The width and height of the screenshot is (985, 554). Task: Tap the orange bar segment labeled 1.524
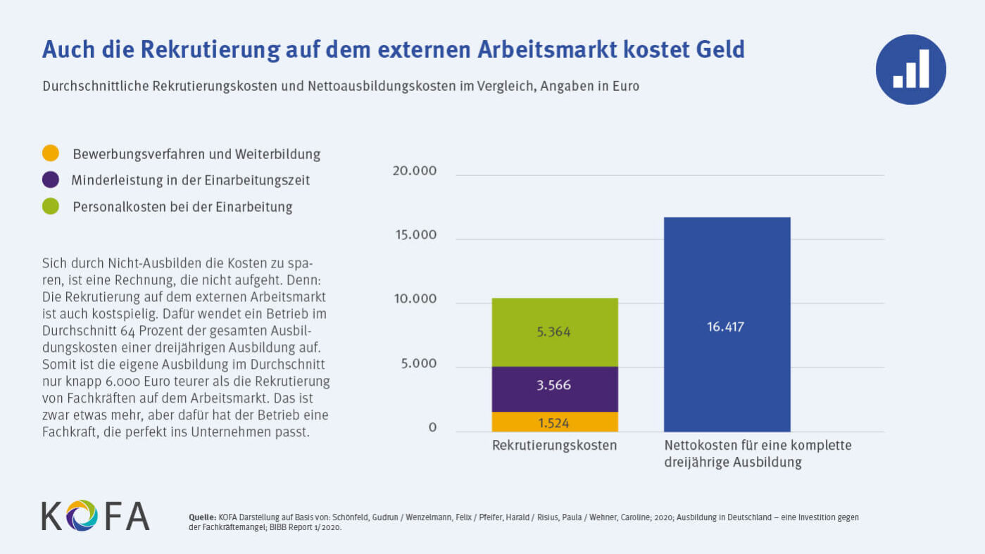[554, 422]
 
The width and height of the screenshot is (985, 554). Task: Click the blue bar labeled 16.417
[727, 325]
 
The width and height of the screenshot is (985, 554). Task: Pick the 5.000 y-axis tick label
[415, 364]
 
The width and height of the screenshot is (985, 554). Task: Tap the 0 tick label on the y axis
[432, 428]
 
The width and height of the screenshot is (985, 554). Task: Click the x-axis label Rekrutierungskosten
[554, 446]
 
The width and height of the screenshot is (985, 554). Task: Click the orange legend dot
[51, 153]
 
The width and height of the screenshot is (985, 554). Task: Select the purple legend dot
[51, 180]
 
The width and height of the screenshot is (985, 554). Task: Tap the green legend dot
[51, 207]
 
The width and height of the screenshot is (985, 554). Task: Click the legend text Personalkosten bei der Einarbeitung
[182, 207]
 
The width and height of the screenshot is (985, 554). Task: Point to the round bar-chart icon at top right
[910, 70]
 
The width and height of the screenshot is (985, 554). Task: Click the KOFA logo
[96, 515]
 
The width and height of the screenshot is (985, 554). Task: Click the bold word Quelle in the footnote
[203, 517]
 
